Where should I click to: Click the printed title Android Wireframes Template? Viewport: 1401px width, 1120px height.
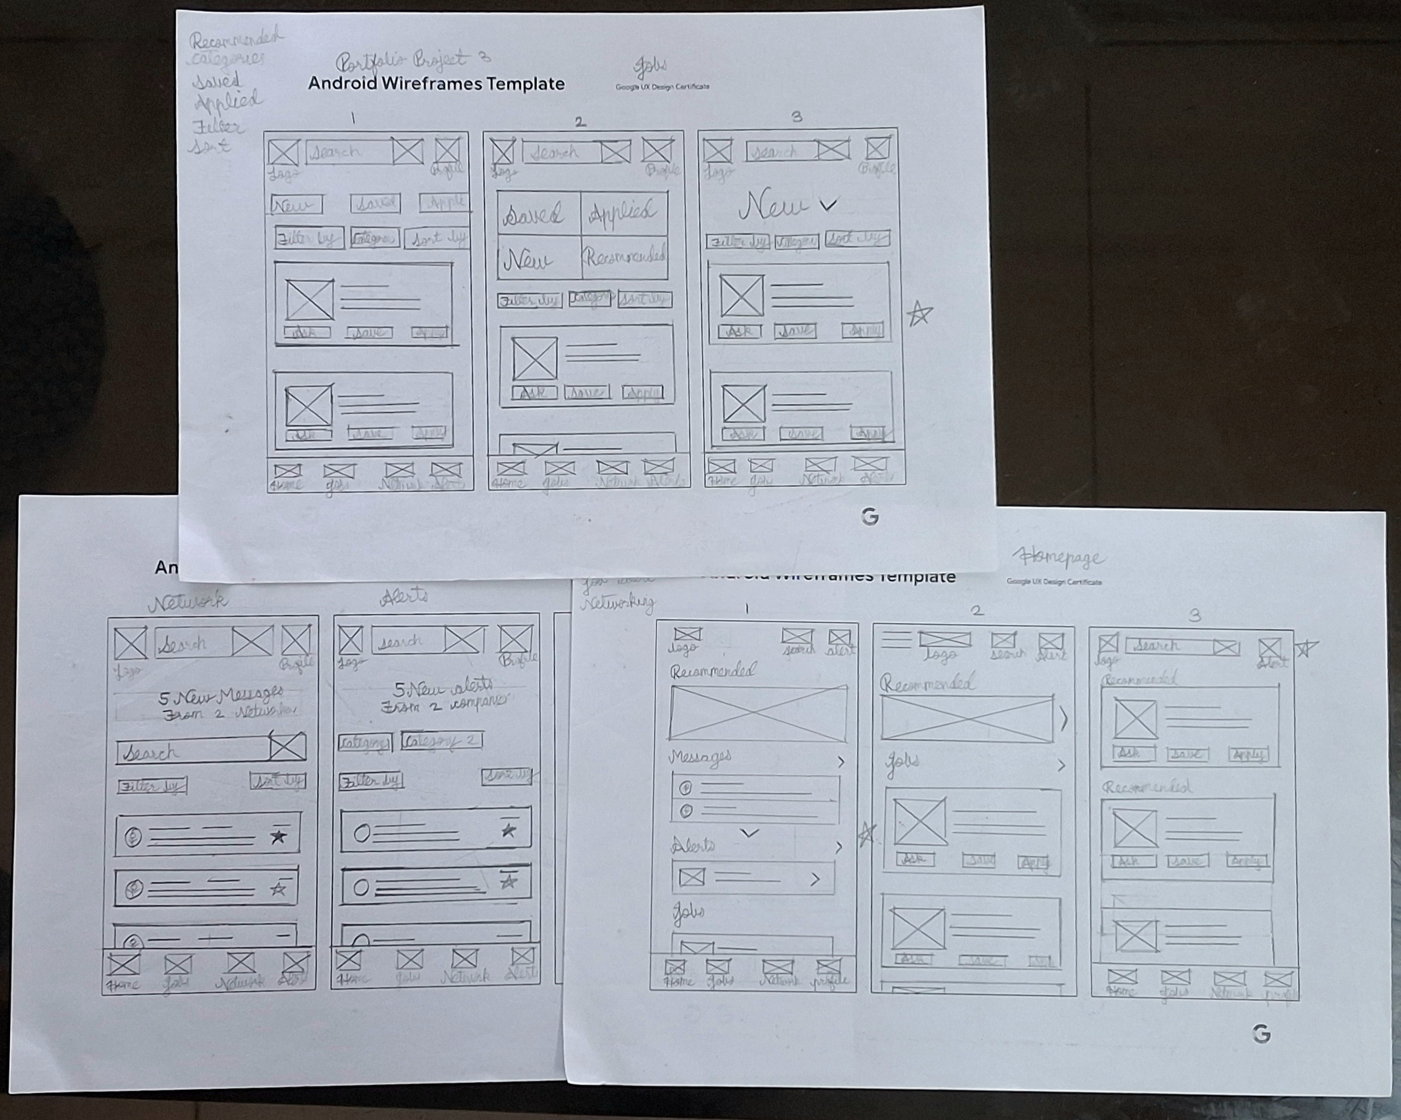436,84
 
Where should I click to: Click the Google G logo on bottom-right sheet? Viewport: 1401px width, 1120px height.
1261,1033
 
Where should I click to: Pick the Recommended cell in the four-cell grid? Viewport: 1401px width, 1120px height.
624,257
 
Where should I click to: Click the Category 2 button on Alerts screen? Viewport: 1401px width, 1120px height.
441,740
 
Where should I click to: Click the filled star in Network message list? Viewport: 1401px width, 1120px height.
278,836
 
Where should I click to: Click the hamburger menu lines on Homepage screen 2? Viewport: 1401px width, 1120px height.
896,640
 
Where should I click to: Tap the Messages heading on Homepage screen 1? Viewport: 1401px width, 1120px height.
700,757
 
